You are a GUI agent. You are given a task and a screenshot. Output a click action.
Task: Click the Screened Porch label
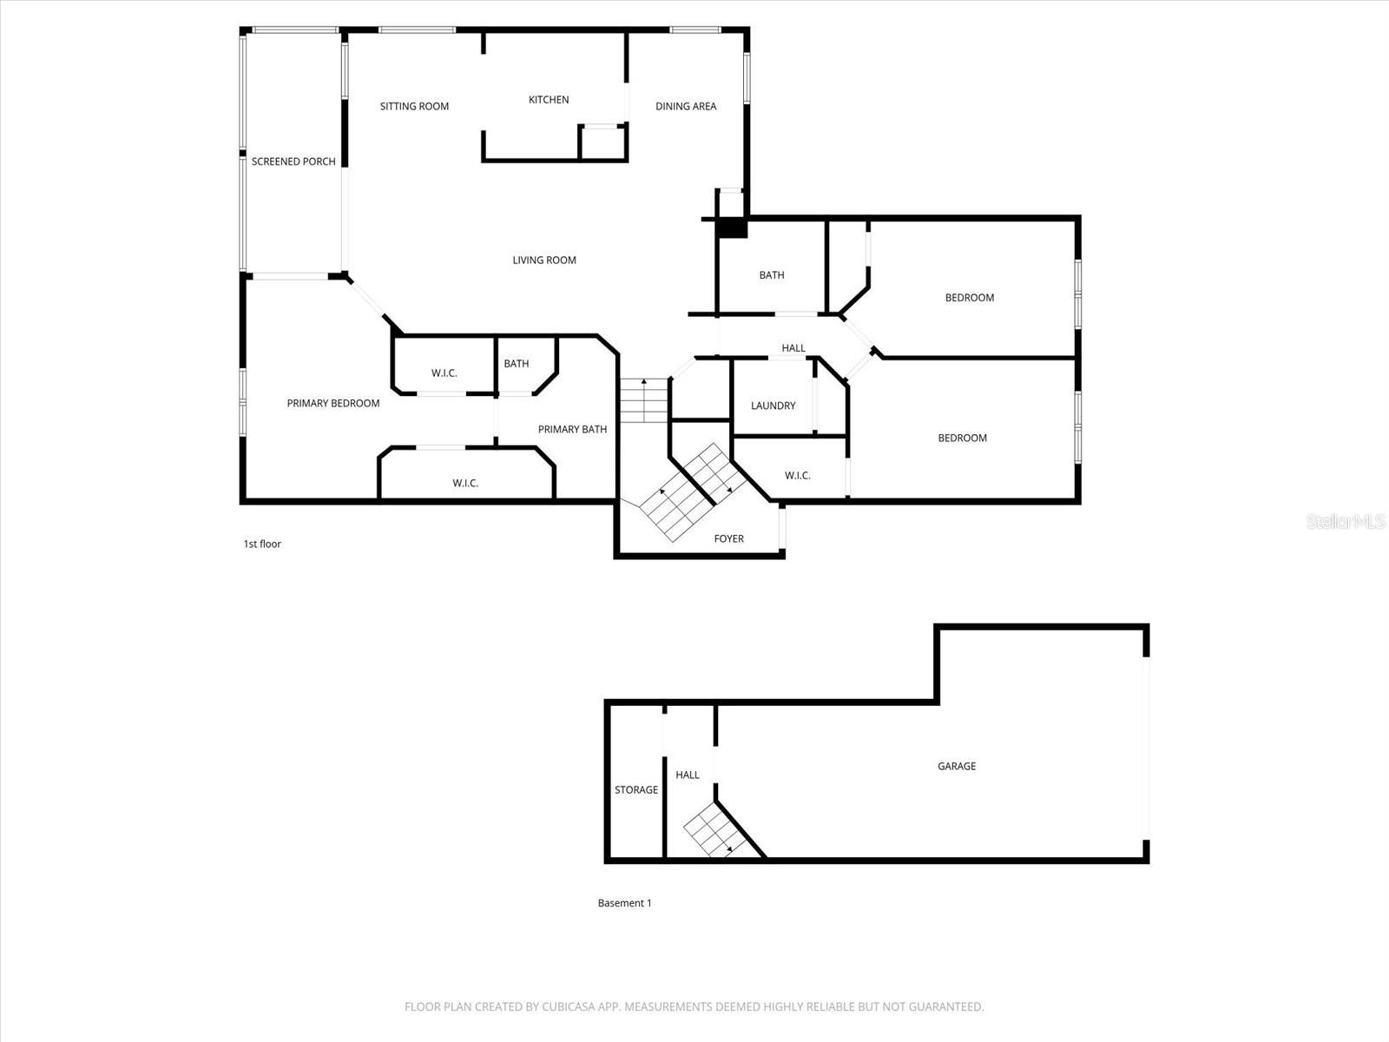[x=293, y=162]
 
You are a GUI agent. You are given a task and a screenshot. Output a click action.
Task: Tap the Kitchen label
[x=549, y=100]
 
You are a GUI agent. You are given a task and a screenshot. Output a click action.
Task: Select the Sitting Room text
[x=414, y=107]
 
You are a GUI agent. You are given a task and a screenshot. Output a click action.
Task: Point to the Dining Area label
[x=686, y=107]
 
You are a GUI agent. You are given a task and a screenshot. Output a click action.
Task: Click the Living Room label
[x=544, y=260]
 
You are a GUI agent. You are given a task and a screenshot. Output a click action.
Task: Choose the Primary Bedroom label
[x=333, y=404]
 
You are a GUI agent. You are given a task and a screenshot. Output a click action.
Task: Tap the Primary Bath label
[x=572, y=430]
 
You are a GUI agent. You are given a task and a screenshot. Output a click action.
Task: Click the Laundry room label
[x=773, y=406]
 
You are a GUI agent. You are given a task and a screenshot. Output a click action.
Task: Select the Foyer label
[x=729, y=539]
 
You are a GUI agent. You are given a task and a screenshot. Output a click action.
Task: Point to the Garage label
[x=957, y=767]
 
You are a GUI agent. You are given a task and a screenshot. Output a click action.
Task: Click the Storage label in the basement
[x=636, y=790]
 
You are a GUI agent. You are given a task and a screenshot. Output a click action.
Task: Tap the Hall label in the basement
[x=688, y=775]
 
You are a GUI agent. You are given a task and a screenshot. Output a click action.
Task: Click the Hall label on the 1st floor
[x=793, y=348]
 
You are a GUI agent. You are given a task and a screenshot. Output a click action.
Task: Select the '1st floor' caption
[x=262, y=544]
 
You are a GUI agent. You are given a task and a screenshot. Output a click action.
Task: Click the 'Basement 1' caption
[x=624, y=903]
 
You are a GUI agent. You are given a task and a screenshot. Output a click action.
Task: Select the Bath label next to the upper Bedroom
[x=772, y=275]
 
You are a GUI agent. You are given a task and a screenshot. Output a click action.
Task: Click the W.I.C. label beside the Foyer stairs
[x=797, y=476]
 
